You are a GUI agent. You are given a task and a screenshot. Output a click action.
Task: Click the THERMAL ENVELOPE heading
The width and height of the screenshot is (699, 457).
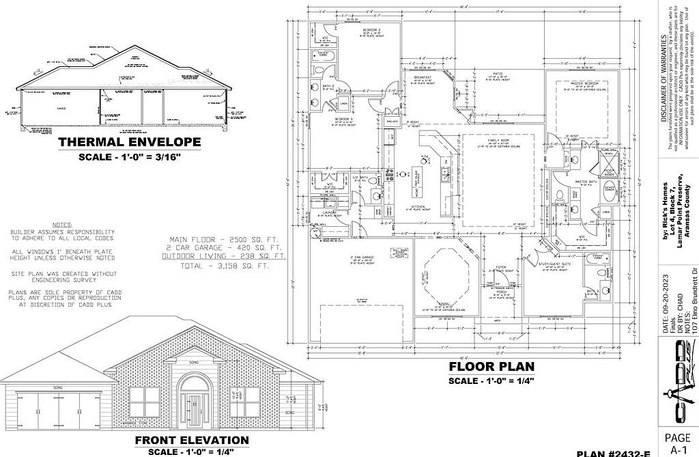[130, 143]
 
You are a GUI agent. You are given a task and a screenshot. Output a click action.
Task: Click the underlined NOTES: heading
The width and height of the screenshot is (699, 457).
[62, 224]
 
